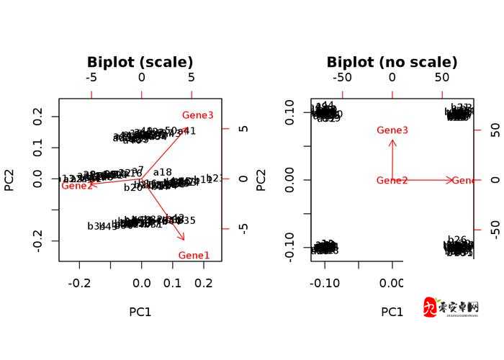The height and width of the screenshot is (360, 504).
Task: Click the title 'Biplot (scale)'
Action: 140,63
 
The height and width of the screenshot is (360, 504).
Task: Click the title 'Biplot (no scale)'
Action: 392,63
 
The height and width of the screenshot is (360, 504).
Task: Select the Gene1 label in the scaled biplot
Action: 194,255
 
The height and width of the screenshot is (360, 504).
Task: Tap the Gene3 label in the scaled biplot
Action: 197,115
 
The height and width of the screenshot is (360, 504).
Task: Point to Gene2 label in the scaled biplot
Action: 77,186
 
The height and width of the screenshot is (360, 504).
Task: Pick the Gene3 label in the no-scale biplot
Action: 392,130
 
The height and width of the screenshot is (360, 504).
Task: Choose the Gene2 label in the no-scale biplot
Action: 392,181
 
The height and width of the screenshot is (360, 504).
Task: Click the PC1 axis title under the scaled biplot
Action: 140,312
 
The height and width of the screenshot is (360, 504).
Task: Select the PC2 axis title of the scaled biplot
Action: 10,180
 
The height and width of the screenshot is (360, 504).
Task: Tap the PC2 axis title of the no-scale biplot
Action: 261,180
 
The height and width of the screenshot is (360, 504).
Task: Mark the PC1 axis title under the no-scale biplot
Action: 392,312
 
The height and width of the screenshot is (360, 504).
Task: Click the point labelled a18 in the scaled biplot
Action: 163,173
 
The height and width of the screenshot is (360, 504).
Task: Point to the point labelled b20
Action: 133,187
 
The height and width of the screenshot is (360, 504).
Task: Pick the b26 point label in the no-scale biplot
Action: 457,240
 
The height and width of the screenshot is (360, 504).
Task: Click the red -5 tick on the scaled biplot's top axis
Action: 91,78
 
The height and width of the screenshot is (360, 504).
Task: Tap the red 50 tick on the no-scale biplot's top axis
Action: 442,78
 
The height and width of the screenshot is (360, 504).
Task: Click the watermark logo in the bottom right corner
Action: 451,307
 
